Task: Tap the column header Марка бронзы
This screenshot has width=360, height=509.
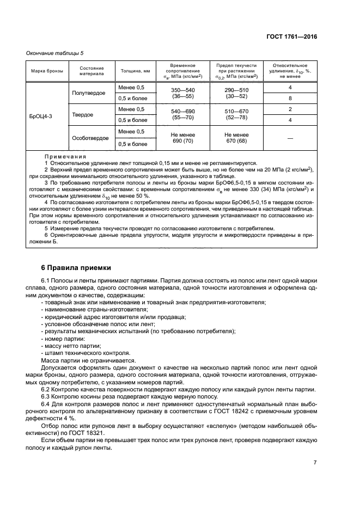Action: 47,71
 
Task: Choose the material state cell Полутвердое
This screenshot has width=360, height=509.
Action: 89,93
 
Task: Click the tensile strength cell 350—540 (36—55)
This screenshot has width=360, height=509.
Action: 182,93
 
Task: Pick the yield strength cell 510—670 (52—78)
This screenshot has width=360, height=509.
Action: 236,115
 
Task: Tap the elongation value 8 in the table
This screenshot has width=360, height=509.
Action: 290,99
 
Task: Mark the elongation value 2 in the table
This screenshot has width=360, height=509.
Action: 290,109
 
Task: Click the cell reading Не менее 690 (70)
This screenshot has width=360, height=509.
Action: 182,138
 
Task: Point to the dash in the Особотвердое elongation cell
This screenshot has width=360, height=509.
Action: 290,138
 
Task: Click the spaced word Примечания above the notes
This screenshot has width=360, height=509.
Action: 65,156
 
